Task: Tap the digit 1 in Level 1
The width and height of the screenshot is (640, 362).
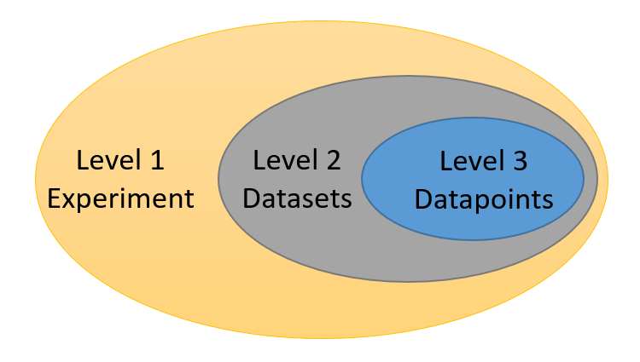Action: pos(156,159)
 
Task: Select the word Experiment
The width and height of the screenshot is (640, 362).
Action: pos(120,199)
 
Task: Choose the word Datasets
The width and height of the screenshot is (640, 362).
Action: pos(297,199)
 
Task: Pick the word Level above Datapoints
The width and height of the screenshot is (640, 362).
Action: pos(472,159)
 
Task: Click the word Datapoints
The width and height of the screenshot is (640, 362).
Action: pos(484,199)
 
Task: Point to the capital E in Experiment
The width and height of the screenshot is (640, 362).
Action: pos(53,199)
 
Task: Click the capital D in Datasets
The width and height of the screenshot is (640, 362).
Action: pos(251,199)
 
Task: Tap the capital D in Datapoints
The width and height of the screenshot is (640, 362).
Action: pos(422,199)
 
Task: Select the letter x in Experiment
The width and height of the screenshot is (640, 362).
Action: pos(68,200)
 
